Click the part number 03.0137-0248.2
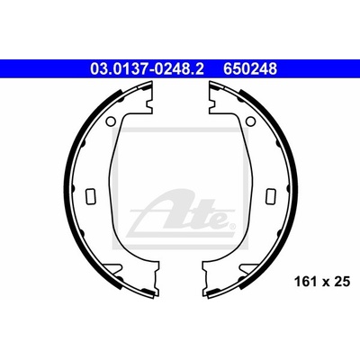(x=147, y=69)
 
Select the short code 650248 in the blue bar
(x=249, y=69)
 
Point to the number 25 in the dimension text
(x=342, y=282)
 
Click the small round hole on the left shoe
(x=111, y=121)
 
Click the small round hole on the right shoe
(x=250, y=121)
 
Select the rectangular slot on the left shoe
(x=90, y=196)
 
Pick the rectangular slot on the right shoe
(x=271, y=196)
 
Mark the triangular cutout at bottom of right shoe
(x=247, y=268)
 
